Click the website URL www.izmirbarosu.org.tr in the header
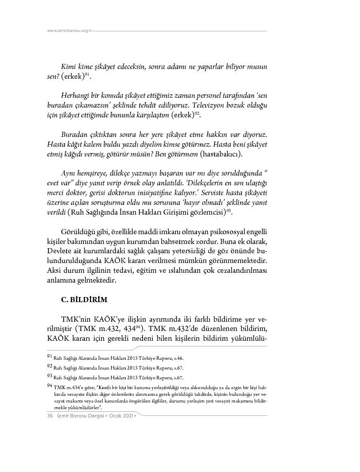(x=69, y=31)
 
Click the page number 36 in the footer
(x=50, y=415)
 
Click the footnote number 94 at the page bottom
(x=50, y=385)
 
